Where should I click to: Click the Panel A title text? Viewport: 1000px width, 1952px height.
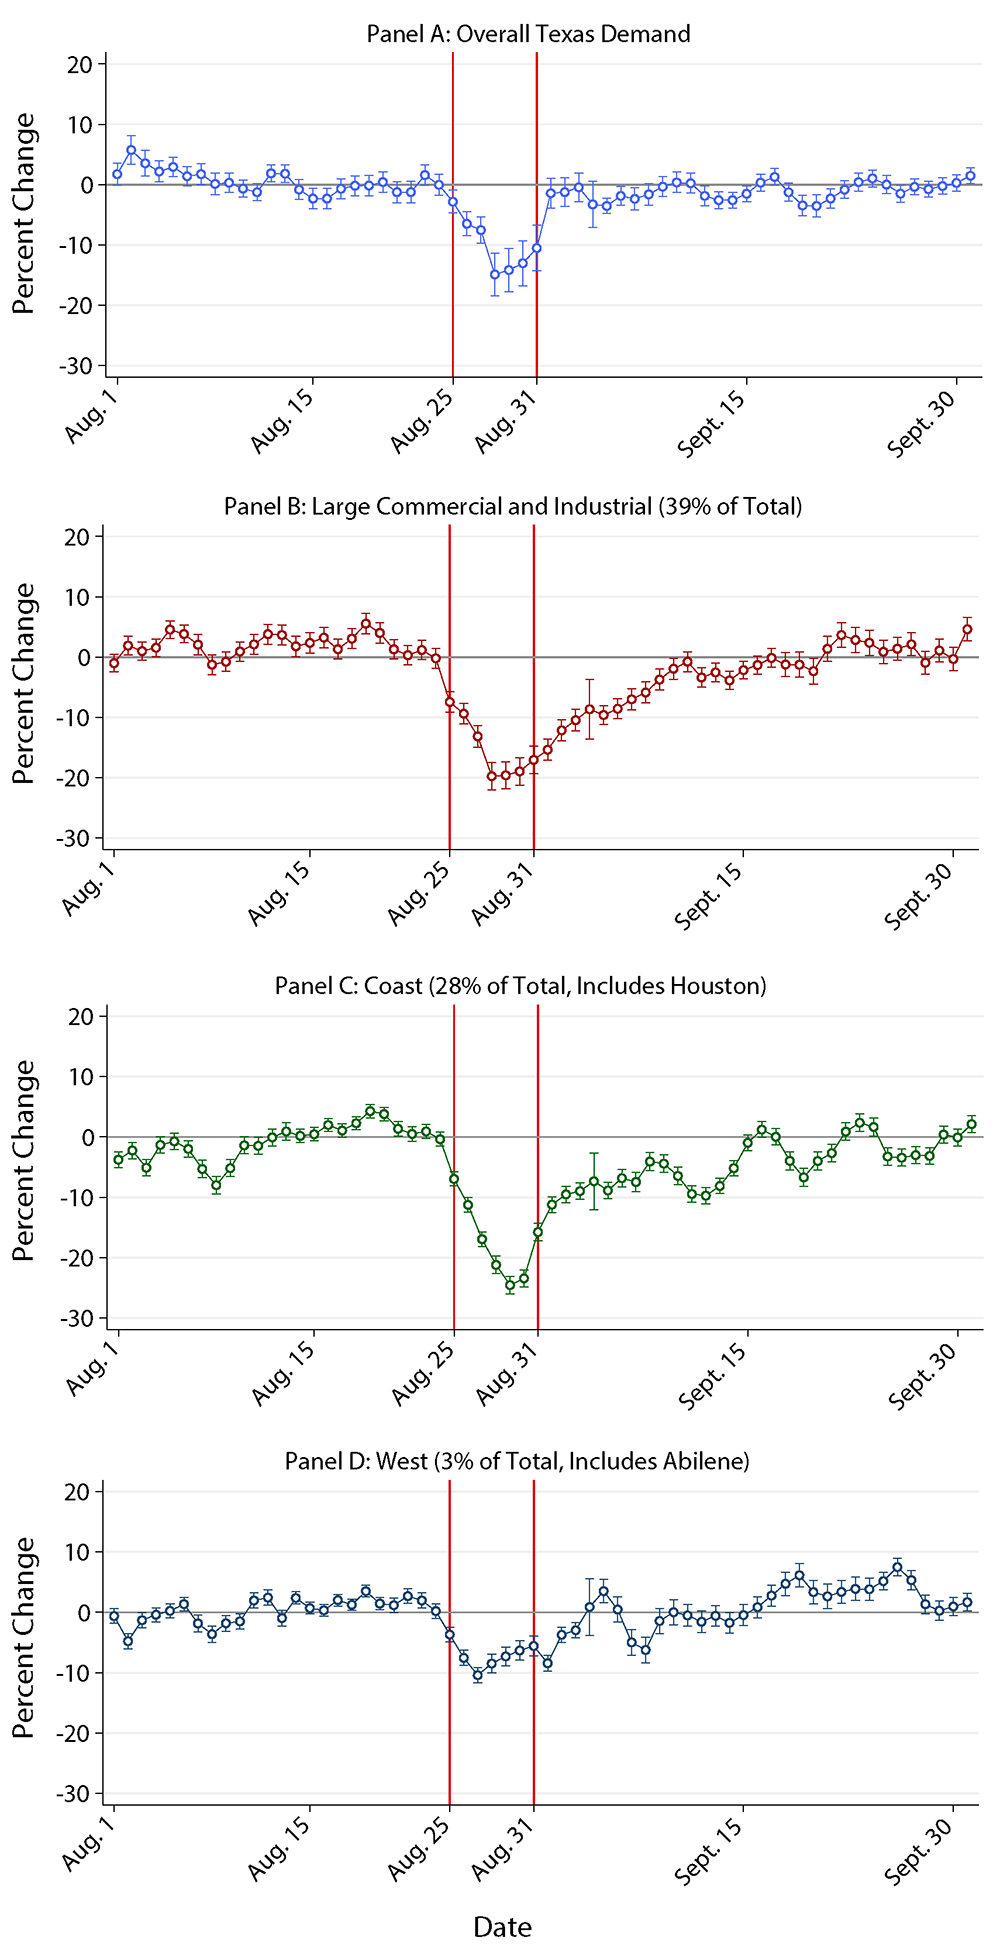click(x=528, y=34)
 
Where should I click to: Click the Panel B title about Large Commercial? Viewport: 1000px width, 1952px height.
click(x=513, y=506)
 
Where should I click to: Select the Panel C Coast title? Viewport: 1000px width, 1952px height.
click(x=520, y=986)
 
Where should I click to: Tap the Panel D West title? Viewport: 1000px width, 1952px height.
click(x=517, y=1461)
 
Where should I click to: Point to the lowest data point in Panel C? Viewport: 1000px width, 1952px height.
click(x=510, y=1285)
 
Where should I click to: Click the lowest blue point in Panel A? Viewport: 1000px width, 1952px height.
click(x=494, y=274)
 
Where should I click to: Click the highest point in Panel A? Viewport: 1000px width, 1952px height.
click(x=131, y=150)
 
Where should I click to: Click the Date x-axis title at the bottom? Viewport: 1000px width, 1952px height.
click(x=502, y=1927)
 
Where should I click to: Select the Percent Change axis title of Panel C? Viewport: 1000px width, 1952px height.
click(x=24, y=1160)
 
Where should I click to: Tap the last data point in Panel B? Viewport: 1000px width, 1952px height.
click(x=967, y=630)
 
